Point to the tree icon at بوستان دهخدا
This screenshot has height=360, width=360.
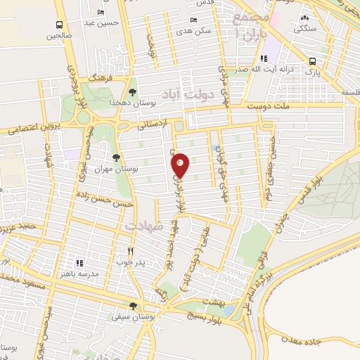coord(133,91)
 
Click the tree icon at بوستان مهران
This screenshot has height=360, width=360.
coord(116,157)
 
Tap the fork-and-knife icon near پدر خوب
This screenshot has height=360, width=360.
coord(130,250)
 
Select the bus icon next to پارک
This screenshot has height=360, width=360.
coord(312,61)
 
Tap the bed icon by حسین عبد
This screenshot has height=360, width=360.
coord(101,13)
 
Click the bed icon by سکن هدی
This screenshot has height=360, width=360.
coord(193,21)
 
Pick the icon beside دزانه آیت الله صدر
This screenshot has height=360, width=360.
coord(264,59)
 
